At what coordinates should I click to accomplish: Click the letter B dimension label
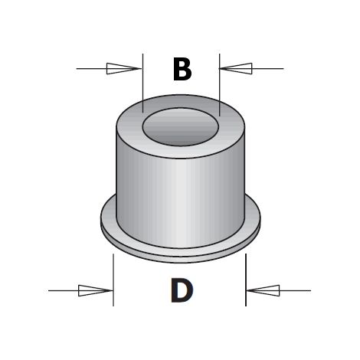(182, 69)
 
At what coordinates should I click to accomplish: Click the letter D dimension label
(182, 290)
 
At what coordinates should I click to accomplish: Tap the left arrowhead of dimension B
(124, 68)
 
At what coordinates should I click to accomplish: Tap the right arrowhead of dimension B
(236, 68)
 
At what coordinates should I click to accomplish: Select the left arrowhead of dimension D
(96, 290)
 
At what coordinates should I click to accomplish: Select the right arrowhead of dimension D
(263, 290)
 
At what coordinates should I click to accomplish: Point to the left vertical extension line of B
(143, 83)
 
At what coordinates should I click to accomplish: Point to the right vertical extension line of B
(220, 85)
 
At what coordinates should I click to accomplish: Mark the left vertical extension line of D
(113, 280)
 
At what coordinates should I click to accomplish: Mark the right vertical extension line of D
(246, 280)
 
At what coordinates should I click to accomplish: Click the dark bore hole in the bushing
(181, 127)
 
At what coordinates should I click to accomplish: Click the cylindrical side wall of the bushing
(181, 201)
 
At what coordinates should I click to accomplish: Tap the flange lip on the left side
(109, 217)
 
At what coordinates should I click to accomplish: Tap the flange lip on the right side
(253, 217)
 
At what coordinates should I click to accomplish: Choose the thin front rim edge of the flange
(181, 259)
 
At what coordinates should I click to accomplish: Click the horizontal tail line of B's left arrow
(91, 68)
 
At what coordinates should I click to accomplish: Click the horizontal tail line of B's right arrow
(268, 68)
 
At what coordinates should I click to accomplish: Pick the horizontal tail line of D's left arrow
(64, 290)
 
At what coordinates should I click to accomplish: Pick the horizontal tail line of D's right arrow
(295, 290)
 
